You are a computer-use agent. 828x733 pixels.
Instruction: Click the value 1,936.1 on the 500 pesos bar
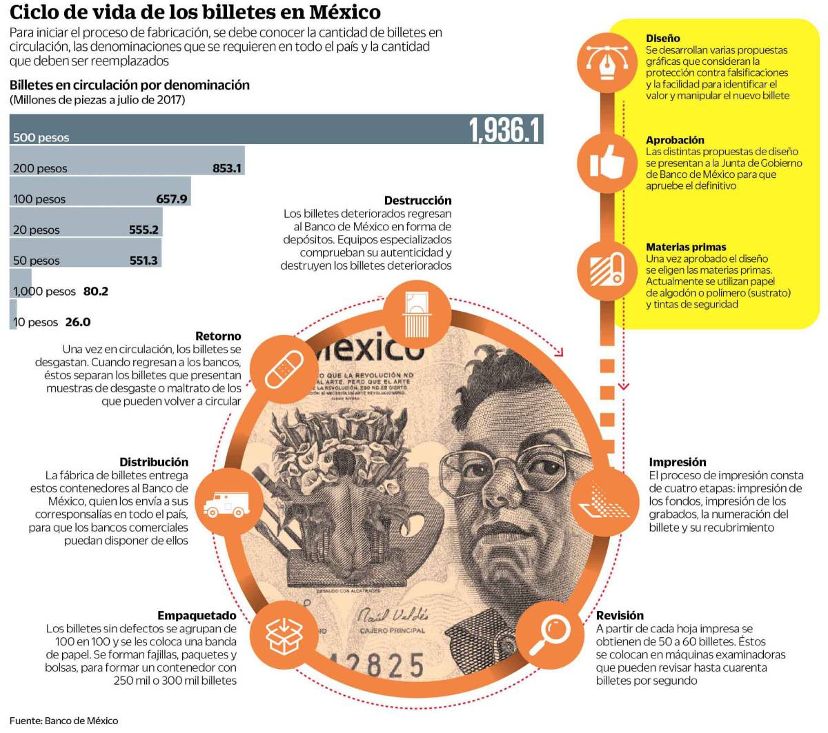click(x=504, y=130)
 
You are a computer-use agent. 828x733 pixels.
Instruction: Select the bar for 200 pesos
click(x=127, y=161)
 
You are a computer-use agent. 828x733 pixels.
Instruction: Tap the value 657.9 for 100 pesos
click(x=172, y=199)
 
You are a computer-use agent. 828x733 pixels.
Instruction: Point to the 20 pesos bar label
click(x=37, y=230)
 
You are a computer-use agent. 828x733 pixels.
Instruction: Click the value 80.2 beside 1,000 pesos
click(x=95, y=292)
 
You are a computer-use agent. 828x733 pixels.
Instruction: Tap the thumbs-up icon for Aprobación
click(x=604, y=163)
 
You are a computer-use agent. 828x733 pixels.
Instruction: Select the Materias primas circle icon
click(x=604, y=269)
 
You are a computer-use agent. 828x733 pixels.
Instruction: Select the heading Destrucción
click(x=417, y=201)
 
